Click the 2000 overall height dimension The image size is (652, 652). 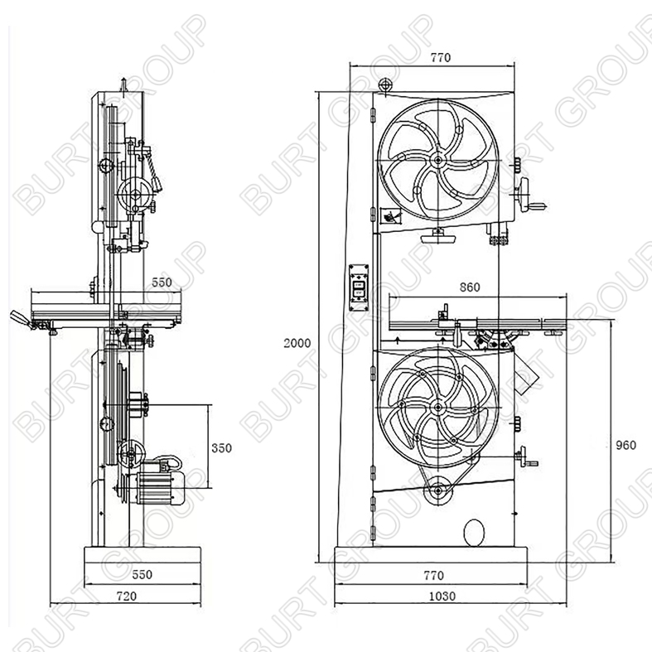(x=297, y=343)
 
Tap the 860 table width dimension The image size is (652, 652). (x=470, y=287)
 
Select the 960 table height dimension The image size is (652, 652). (x=625, y=446)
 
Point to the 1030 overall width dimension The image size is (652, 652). (x=442, y=596)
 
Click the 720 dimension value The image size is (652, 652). (x=127, y=596)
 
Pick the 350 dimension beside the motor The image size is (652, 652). (x=221, y=448)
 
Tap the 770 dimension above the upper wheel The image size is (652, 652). (x=441, y=57)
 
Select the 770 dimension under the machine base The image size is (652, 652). (x=433, y=576)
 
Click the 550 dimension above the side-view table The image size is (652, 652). (x=162, y=283)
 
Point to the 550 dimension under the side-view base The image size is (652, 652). (x=142, y=575)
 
